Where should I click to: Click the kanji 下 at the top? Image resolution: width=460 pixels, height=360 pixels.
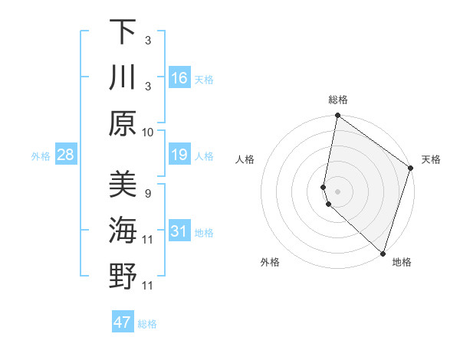coord(123,32)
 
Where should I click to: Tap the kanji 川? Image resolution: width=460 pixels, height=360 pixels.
coord(123,77)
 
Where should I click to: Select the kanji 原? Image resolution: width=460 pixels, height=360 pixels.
coord(123,123)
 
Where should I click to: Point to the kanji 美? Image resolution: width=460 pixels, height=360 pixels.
coord(123,185)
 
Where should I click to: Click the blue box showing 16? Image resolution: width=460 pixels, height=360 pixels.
coord(179,78)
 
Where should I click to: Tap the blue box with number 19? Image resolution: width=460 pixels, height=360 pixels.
coord(179,155)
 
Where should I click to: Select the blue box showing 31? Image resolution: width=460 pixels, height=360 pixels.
coord(179,231)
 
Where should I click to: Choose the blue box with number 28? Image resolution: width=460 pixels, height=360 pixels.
coord(66,155)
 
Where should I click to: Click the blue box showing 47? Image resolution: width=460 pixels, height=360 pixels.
coord(123,322)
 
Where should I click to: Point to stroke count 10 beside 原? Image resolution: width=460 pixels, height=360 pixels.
coord(148,132)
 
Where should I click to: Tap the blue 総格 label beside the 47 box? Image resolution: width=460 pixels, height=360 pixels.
coord(148,324)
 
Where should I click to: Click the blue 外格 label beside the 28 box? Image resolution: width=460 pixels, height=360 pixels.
coord(41,156)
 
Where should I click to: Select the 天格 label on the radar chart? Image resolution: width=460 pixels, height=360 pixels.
coord(431,159)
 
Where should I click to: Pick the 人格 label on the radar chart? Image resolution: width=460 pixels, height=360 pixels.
coord(245,159)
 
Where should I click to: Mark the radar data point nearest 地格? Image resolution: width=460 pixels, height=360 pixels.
coord(383,254)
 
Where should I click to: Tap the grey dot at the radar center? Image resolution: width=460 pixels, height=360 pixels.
coord(338,191)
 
